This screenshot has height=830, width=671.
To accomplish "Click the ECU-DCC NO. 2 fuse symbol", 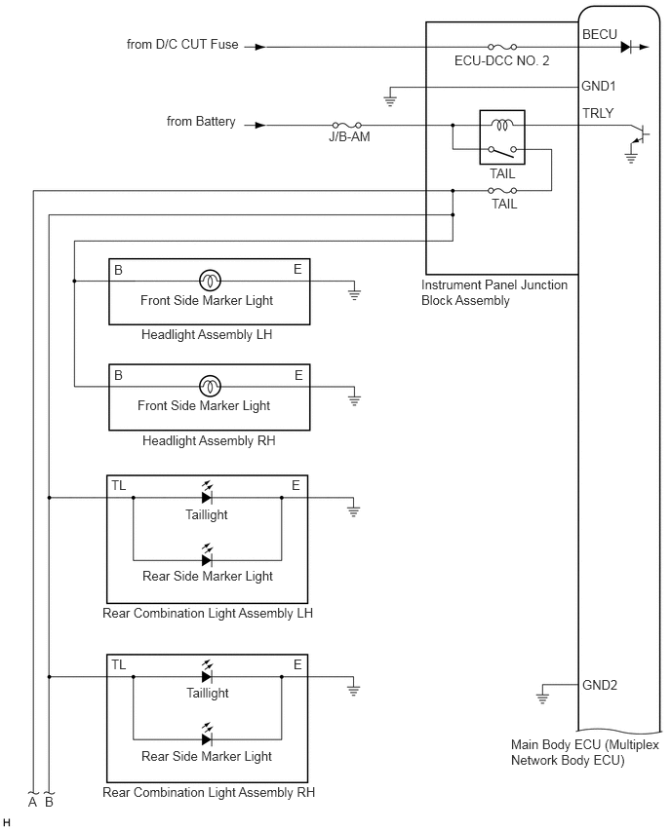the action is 502,47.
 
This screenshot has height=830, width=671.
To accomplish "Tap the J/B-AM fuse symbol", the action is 346,125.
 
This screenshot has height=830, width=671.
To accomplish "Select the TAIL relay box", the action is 502,137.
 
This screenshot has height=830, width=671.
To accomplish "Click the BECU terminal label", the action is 600,34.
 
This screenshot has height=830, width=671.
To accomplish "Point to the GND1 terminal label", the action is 599,86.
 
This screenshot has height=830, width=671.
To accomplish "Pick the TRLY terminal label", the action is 598,113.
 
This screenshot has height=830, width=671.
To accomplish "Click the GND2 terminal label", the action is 600,685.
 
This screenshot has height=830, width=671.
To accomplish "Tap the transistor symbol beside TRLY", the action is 640,135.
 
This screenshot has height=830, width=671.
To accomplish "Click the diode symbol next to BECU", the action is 625,47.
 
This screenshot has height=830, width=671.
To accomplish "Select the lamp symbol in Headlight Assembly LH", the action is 210,281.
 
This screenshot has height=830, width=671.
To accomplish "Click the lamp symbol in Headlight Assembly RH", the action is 210,387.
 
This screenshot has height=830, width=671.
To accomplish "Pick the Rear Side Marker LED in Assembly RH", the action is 207,736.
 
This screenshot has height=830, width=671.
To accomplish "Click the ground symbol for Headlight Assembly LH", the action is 354,292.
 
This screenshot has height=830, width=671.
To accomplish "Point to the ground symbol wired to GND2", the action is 542,696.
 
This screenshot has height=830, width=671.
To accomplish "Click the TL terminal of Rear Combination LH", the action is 119,485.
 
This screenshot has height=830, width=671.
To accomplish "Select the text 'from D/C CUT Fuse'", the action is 182,45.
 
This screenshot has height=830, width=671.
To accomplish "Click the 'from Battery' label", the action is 201,121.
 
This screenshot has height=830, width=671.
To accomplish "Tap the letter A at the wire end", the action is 33,802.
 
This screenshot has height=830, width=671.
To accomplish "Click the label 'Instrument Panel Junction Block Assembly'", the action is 493,292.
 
